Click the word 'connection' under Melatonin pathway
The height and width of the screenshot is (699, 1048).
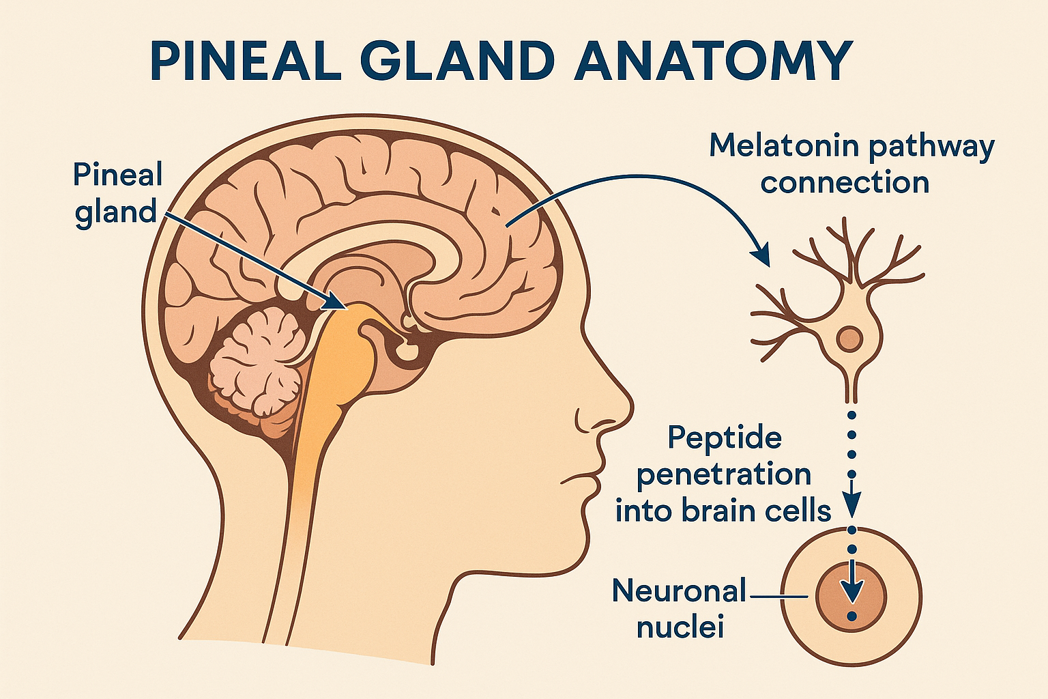845,183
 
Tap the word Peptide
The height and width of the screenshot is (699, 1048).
724,437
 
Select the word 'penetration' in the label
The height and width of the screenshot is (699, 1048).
724,474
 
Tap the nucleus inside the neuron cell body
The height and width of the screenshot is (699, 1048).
849,338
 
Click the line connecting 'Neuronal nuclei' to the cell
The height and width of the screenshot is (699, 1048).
778,597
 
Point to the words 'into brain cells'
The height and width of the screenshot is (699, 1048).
724,511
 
